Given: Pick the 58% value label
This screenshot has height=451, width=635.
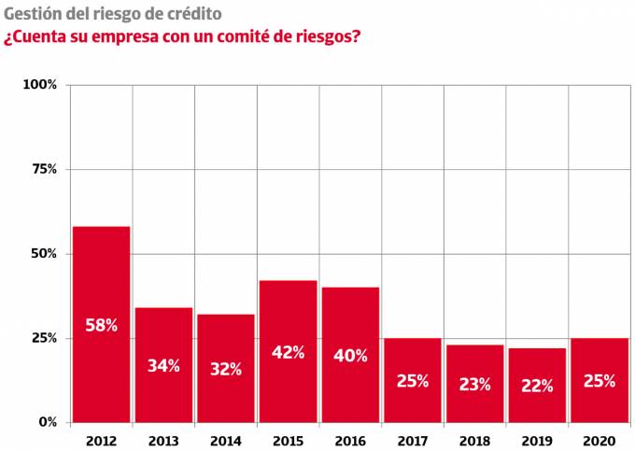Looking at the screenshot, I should [101, 326].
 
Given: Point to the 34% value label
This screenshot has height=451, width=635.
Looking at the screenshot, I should [163, 366].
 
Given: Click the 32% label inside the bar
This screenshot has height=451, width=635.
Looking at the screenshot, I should [225, 369].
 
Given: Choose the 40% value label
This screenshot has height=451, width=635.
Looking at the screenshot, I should [350, 355].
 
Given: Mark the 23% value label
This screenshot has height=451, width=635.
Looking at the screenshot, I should [474, 384].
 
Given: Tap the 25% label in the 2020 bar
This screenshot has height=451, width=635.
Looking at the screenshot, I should [599, 380].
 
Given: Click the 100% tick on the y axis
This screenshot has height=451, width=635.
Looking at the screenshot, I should [40, 85].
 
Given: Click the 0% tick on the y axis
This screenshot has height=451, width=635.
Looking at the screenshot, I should [47, 422].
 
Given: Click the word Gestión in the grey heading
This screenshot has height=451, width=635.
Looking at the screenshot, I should [32, 15].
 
